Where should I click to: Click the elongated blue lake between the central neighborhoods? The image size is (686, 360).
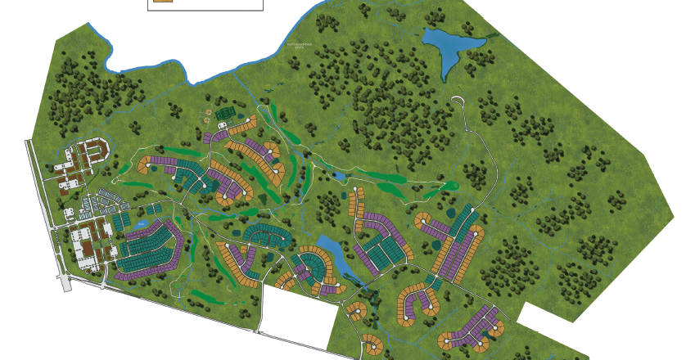(x=330, y=247)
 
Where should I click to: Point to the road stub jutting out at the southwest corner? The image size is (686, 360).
(x=66, y=282)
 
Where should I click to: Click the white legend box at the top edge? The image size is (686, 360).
(x=205, y=4)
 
